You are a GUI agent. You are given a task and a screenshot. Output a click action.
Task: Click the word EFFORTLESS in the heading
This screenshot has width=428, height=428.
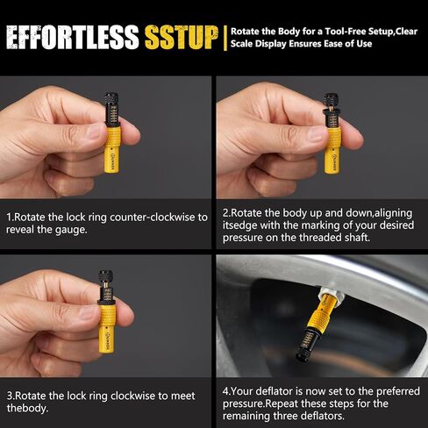click(x=72, y=38)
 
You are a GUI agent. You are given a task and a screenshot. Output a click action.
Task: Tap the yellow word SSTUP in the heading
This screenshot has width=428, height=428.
click(x=180, y=38)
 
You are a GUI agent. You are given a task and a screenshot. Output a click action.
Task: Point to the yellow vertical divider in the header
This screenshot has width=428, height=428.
click(x=226, y=38)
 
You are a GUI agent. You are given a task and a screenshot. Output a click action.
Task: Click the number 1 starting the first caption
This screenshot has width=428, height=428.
click(x=9, y=216)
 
